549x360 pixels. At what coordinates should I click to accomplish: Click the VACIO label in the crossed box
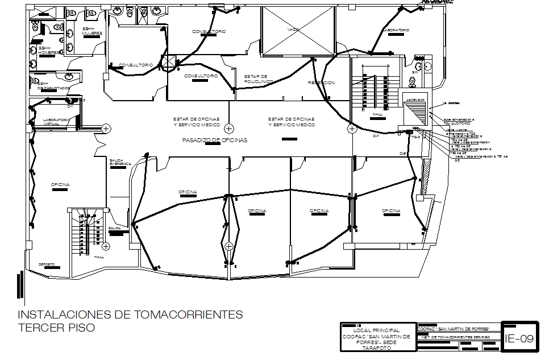[293, 30]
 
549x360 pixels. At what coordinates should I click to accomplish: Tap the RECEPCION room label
[322, 83]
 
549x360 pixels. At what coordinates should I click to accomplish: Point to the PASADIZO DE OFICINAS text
[214, 140]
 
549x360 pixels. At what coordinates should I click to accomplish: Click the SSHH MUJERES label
[91, 31]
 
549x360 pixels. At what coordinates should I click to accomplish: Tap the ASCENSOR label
[415, 100]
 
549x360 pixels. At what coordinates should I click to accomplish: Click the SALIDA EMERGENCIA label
[120, 162]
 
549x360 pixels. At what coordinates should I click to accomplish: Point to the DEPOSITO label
[47, 264]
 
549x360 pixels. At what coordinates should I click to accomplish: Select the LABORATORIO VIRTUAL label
[56, 122]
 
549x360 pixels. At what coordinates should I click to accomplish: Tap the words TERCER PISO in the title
[56, 328]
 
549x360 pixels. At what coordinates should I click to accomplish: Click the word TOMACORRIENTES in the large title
[188, 315]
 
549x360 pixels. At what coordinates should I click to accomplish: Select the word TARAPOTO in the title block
[376, 347]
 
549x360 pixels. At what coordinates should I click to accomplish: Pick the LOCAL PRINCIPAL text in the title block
[376, 330]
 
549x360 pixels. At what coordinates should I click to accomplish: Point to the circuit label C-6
[402, 154]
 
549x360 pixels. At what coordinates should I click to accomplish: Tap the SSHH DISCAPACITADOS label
[54, 86]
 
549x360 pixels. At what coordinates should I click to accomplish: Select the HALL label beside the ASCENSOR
[377, 114]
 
